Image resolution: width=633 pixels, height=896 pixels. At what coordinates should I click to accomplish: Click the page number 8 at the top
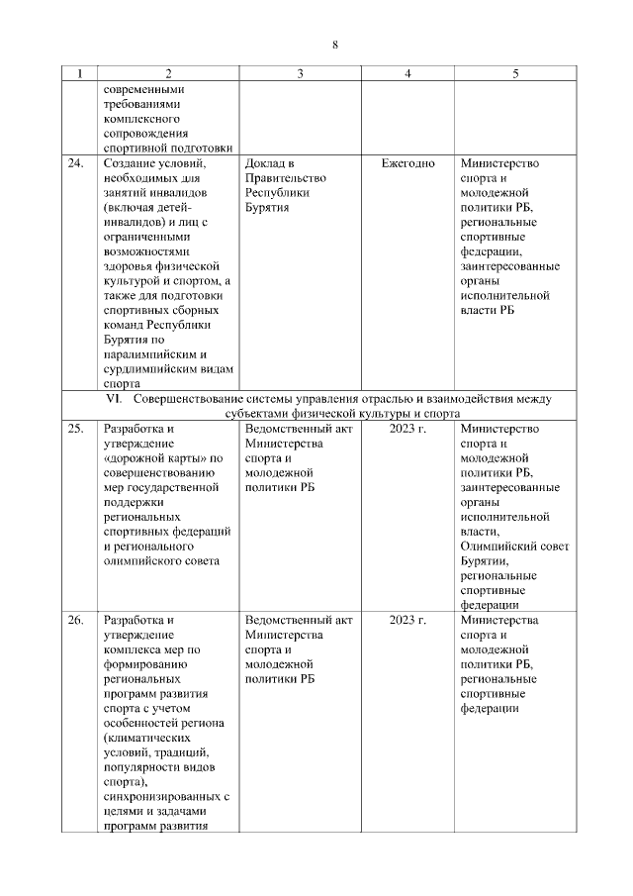click(x=335, y=46)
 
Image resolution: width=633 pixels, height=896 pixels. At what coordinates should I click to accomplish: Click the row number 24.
click(x=75, y=163)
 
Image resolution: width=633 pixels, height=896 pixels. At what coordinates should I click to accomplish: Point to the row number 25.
click(x=75, y=429)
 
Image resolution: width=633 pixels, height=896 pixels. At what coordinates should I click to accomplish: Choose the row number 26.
click(x=75, y=620)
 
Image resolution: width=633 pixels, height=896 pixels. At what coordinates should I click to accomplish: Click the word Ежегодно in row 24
click(x=407, y=163)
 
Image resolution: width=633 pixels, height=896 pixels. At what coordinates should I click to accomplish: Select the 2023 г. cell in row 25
click(x=407, y=429)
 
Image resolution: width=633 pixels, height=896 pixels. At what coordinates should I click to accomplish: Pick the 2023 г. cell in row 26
click(x=407, y=620)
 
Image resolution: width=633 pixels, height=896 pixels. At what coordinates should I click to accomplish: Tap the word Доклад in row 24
click(x=265, y=163)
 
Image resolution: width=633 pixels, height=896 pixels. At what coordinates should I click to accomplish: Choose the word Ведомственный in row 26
click(x=290, y=620)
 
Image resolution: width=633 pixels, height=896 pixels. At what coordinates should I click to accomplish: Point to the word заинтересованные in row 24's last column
click(x=509, y=266)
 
